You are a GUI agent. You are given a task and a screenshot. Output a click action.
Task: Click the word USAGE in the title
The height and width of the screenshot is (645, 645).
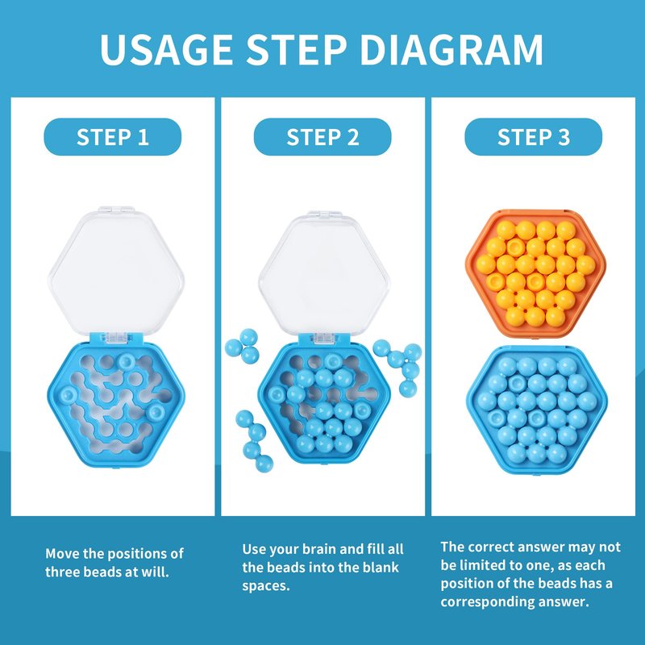click(x=167, y=49)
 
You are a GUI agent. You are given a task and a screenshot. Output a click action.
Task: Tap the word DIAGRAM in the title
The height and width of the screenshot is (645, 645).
click(x=451, y=49)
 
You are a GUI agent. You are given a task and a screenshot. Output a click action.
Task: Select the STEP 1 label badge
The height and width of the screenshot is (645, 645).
click(x=113, y=137)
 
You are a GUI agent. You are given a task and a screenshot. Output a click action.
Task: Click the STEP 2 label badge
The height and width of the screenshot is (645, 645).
click(x=323, y=137)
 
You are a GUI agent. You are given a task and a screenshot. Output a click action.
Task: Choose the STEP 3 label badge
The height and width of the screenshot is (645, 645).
click(x=534, y=137)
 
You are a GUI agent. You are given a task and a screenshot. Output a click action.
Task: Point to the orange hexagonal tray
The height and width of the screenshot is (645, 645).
click(x=535, y=273)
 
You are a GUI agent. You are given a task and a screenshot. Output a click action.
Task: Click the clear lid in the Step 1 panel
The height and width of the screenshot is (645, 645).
click(x=116, y=272)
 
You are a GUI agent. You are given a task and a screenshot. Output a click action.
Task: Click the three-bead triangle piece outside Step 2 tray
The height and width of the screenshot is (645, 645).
click(x=243, y=346)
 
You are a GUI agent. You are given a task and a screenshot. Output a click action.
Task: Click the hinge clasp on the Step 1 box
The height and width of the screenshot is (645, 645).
click(x=116, y=337)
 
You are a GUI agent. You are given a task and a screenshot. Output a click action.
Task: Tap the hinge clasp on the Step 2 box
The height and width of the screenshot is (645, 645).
click(x=325, y=338)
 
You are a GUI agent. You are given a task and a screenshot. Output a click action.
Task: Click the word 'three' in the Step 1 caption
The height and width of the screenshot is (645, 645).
click(x=64, y=572)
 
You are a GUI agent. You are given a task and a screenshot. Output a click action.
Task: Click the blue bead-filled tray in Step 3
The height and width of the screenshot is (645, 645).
click(x=537, y=410)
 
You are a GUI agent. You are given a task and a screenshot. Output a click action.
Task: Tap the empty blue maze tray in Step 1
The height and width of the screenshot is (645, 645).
click(x=116, y=406)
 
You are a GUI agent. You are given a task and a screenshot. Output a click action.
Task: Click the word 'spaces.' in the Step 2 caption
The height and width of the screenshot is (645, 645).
click(x=266, y=586)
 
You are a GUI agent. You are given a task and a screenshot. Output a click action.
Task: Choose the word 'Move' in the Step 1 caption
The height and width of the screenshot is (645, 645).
click(x=62, y=553)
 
